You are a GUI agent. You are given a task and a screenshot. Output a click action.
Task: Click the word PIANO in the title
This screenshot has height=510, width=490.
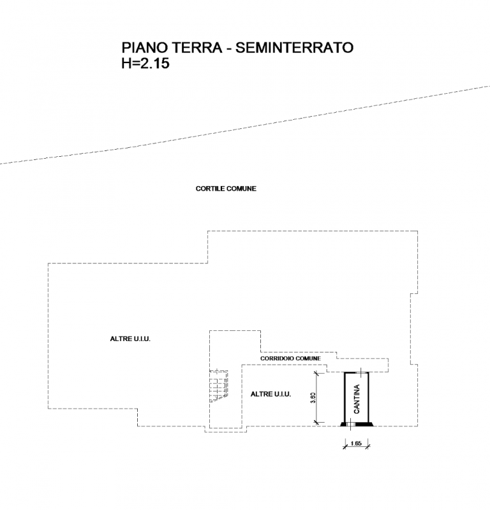(144, 47)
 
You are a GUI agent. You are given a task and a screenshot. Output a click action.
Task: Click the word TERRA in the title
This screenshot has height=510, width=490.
(197, 47)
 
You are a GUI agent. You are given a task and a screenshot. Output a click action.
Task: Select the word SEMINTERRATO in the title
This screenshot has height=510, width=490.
(294, 47)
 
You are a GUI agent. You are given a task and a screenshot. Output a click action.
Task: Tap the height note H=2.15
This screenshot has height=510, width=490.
(145, 63)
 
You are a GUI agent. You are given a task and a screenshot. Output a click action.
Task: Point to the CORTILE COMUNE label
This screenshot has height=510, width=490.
(226, 189)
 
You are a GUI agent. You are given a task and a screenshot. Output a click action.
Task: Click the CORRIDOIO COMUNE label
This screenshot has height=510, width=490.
(290, 358)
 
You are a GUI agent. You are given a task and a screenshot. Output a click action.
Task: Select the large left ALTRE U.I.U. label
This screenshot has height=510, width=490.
(130, 339)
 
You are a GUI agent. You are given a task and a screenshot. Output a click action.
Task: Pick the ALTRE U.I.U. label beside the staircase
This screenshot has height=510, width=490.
(271, 394)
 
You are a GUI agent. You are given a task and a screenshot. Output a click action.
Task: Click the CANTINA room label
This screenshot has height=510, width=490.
(357, 399)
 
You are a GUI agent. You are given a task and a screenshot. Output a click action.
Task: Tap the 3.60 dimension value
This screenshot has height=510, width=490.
(313, 398)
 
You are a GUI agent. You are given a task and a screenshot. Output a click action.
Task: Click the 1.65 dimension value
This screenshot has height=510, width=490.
(356, 443)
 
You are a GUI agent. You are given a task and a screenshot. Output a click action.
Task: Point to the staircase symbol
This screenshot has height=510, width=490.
(219, 386)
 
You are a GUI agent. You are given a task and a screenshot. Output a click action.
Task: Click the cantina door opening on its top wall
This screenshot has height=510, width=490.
(360, 373)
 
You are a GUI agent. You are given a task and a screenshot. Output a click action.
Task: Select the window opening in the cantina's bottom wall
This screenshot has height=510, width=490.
(351, 424)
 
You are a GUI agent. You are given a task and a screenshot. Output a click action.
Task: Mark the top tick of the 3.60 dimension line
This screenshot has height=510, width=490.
(316, 373)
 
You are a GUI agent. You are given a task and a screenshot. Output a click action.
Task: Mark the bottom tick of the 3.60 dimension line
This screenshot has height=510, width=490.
(316, 422)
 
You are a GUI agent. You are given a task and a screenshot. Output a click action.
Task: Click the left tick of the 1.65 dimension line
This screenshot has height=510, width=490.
(345, 446)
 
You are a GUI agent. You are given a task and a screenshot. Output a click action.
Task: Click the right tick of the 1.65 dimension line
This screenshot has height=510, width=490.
(368, 446)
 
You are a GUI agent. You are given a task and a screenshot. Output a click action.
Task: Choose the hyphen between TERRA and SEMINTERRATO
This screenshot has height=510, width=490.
(229, 49)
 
